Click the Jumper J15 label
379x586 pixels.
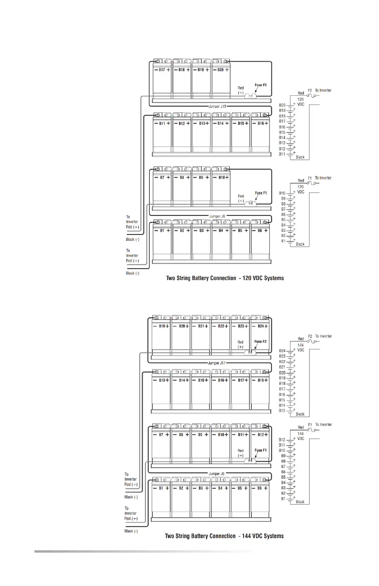[217, 106]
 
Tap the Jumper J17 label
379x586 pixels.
[217, 363]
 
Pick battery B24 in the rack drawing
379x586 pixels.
[261, 326]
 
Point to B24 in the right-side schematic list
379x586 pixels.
[282, 351]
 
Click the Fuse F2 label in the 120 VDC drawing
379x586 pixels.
[261, 85]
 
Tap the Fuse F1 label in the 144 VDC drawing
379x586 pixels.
[261, 450]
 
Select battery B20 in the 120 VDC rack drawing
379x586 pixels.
[221, 70]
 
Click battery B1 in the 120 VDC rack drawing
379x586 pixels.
[162, 231]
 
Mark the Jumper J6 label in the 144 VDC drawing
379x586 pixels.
[217, 473]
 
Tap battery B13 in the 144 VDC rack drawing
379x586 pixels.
[162, 380]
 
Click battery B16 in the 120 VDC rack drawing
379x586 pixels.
[260, 124]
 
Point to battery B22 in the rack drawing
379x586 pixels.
[221, 326]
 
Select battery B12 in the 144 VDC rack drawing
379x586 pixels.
[261, 435]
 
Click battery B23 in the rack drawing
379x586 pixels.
[241, 326]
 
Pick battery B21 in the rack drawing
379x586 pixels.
[201, 326]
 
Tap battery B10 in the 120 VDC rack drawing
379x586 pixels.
[221, 178]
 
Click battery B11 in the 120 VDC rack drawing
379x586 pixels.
[162, 124]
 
